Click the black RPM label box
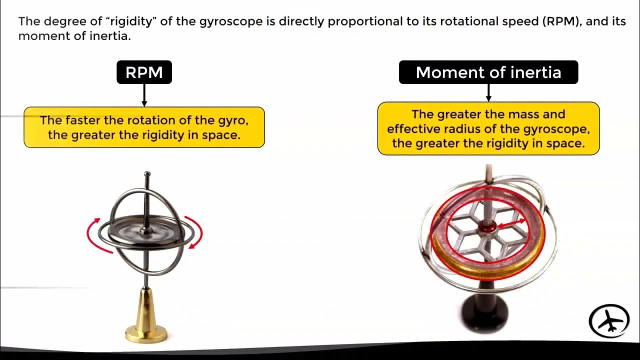pos(144,72)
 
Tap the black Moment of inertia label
pos(488,72)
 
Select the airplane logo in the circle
pos(608,321)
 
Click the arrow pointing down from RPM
pos(144,95)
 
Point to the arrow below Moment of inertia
pos(488,92)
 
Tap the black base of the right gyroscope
pos(483,312)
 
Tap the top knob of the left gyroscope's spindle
pos(147,175)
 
